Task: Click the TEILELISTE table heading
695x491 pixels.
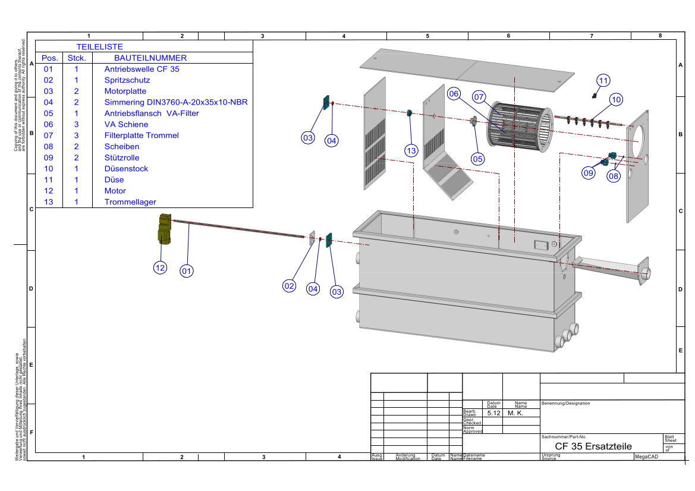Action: pyautogui.click(x=99, y=46)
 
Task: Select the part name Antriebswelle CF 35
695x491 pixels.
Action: pyautogui.click(x=141, y=69)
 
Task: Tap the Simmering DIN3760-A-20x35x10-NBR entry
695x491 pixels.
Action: pyautogui.click(x=175, y=102)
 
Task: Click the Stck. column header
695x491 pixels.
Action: pyautogui.click(x=77, y=58)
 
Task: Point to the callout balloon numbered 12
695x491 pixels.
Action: pyautogui.click(x=160, y=268)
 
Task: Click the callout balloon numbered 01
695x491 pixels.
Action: pyautogui.click(x=187, y=271)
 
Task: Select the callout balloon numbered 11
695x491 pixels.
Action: pyautogui.click(x=603, y=80)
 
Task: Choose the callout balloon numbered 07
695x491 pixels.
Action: pyautogui.click(x=479, y=96)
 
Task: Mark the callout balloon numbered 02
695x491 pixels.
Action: pyautogui.click(x=289, y=286)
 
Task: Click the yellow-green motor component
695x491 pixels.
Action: pyautogui.click(x=164, y=229)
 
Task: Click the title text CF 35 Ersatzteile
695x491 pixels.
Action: pyautogui.click(x=593, y=446)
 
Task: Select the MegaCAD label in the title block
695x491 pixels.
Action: pyautogui.click(x=646, y=457)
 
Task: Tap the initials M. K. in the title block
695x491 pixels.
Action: pyautogui.click(x=515, y=413)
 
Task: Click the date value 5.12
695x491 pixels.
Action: pyautogui.click(x=492, y=413)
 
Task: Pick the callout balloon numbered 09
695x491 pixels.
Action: pyautogui.click(x=589, y=173)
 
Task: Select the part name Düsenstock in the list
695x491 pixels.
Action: pyautogui.click(x=126, y=169)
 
